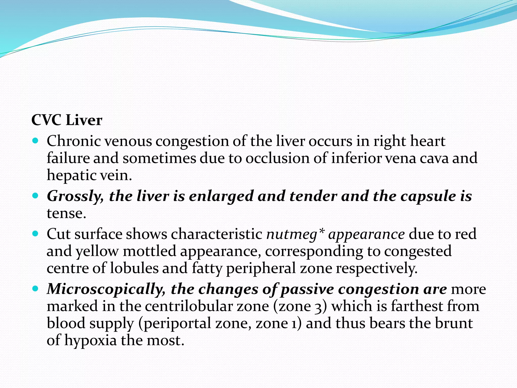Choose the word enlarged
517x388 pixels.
221,196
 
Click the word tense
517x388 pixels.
66,213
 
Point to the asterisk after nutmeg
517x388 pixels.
321,231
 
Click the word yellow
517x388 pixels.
97,251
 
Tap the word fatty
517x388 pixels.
207,268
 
